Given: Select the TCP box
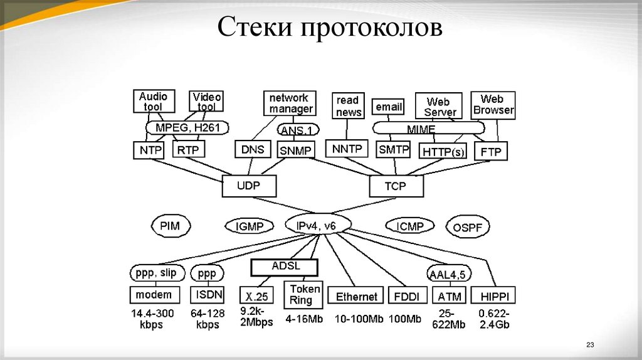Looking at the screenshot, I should pyautogui.click(x=396, y=186).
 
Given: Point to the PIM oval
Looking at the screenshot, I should pyautogui.click(x=170, y=225).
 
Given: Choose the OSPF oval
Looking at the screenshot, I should pyautogui.click(x=468, y=227).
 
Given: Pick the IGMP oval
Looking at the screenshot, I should pyautogui.click(x=250, y=226).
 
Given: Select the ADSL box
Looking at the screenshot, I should pyautogui.click(x=285, y=267).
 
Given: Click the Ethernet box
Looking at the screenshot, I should pyautogui.click(x=357, y=296).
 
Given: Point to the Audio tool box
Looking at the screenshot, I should pyautogui.click(x=154, y=101).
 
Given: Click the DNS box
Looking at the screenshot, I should pyautogui.click(x=253, y=149).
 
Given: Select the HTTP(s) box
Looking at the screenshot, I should pyautogui.click(x=443, y=152).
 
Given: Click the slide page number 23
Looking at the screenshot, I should pyautogui.click(x=589, y=344).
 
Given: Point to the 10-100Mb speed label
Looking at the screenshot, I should pyautogui.click(x=359, y=319).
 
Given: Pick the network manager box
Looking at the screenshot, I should pyautogui.click(x=290, y=103).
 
